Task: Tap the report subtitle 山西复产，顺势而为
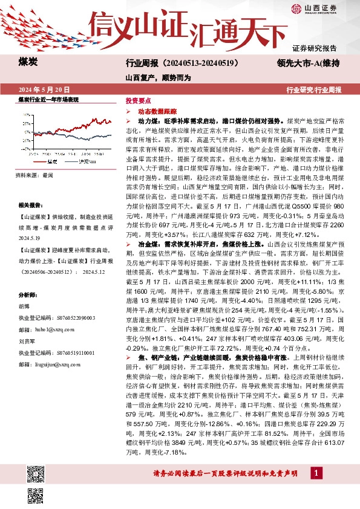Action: [158, 78]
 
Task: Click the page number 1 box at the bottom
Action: [315, 472]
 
